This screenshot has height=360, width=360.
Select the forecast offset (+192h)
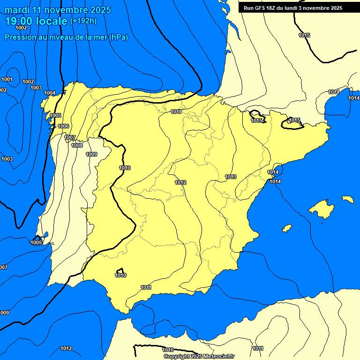point(83,21)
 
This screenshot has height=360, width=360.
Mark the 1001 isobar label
point(7,79)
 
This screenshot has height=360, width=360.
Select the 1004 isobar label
point(50,93)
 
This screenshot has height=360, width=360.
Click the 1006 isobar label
point(63,127)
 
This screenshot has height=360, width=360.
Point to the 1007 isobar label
point(70,137)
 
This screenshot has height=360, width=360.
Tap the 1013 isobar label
point(231,177)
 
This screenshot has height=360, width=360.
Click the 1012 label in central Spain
point(180,182)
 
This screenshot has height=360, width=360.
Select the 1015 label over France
point(304,36)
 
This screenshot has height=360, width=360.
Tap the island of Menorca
point(347,199)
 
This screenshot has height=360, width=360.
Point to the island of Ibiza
point(285,228)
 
